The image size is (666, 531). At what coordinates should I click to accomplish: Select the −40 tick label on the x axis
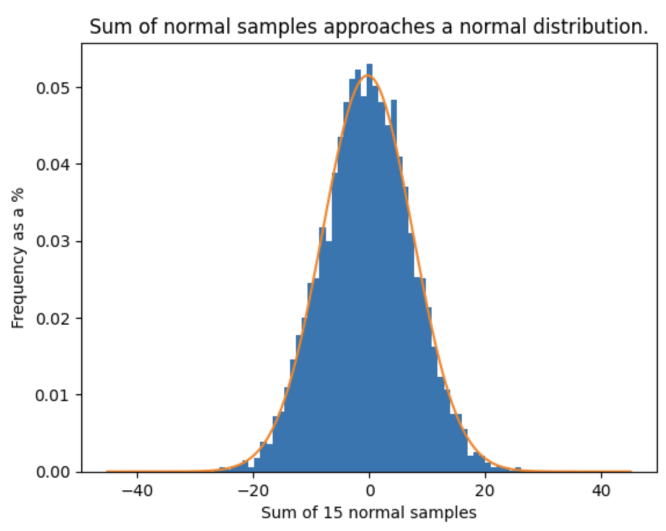click(x=137, y=492)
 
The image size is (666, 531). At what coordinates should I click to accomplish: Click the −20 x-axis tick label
click(x=253, y=492)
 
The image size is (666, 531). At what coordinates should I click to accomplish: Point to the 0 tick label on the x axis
click(x=369, y=492)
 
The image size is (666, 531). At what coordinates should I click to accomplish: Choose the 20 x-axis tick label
click(x=485, y=492)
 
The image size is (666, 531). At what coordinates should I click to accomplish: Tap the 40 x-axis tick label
click(x=601, y=492)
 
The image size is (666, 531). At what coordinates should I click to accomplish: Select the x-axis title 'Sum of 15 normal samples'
click(x=369, y=513)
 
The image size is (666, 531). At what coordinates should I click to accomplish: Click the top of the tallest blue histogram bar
click(x=370, y=64)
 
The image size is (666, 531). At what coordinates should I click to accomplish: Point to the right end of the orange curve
click(x=631, y=471)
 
